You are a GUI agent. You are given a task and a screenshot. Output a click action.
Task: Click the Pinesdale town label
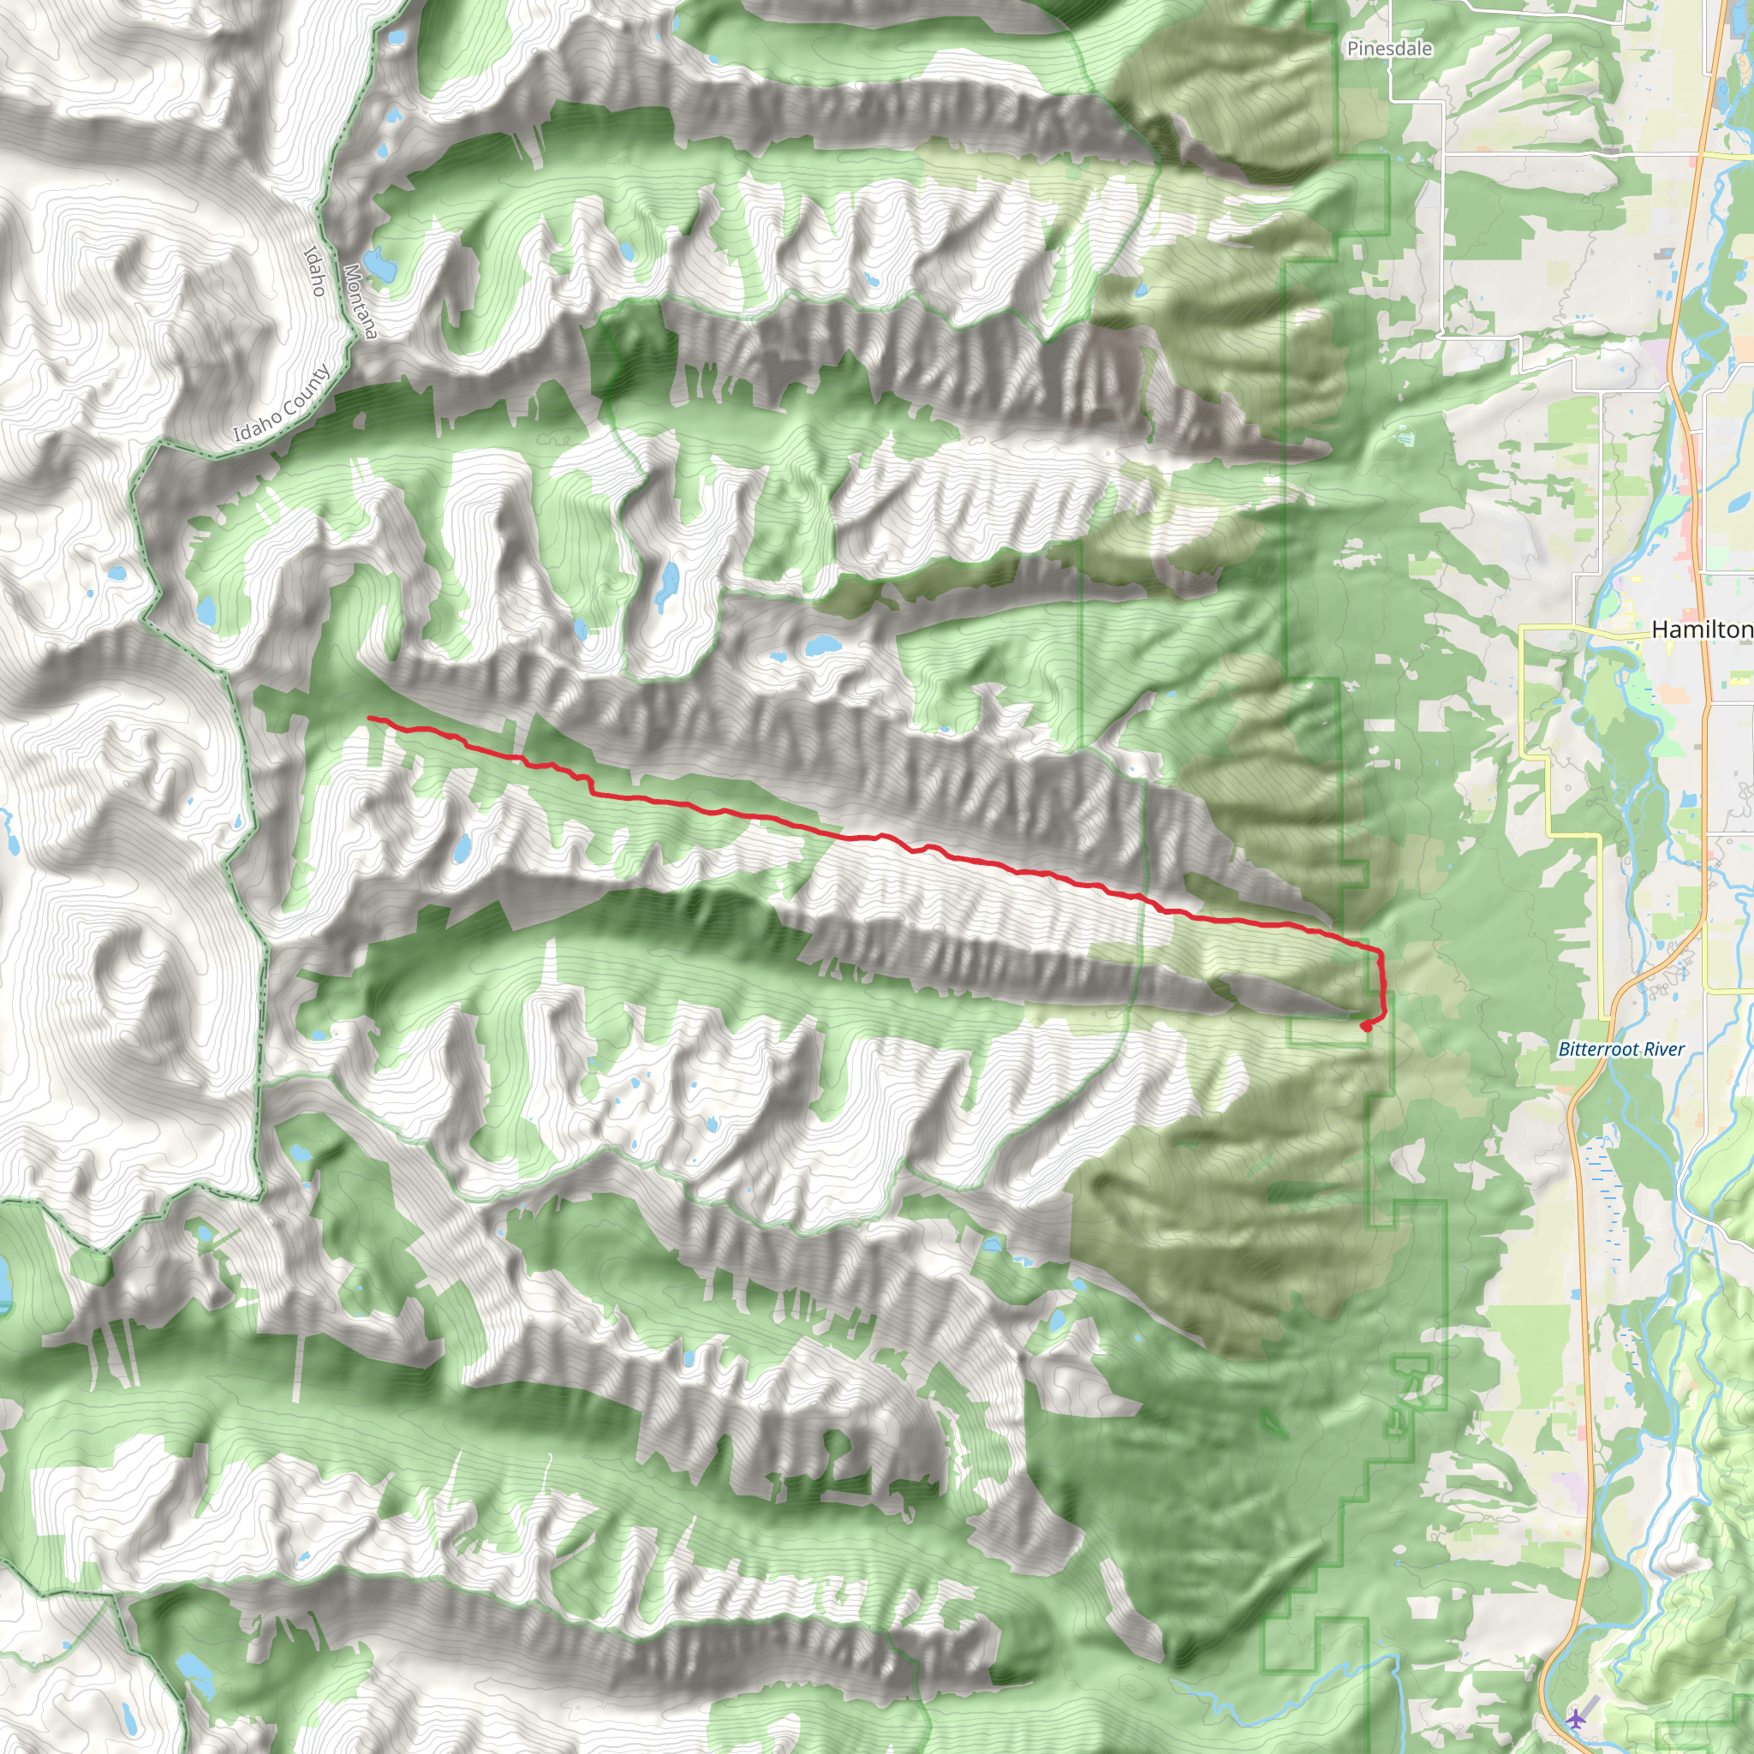1389,48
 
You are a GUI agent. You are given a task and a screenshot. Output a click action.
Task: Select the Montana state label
361,301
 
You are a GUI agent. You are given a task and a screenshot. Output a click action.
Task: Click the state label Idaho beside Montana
314,271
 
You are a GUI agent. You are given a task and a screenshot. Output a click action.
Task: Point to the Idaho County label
282,404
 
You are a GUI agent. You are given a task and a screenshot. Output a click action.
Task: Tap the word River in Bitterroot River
1663,1049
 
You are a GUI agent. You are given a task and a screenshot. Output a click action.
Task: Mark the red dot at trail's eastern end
1366,1027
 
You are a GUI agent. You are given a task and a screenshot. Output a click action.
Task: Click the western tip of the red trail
369,718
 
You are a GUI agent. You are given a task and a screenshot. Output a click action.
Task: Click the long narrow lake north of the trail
669,585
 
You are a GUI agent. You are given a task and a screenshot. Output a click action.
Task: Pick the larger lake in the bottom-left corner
195,1667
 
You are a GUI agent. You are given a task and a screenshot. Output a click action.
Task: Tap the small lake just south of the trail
462,849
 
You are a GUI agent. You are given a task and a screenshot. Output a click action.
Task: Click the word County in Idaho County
304,391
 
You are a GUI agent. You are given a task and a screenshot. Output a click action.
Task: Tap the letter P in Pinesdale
1352,48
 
